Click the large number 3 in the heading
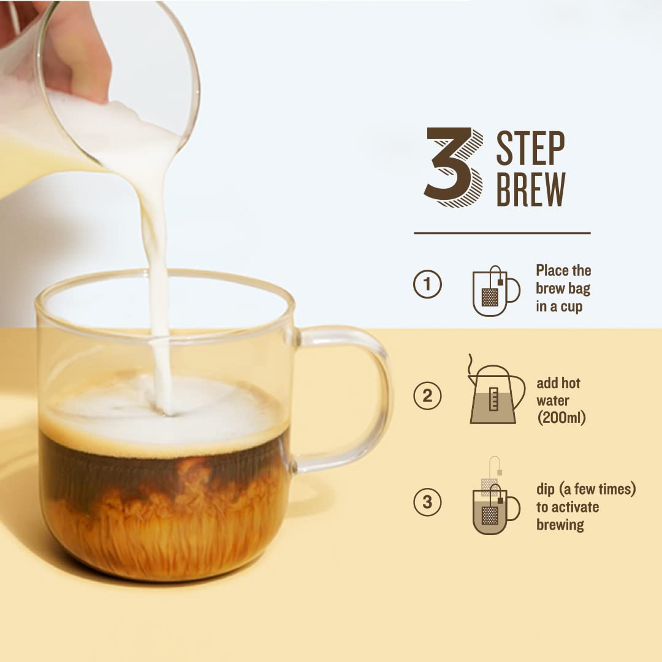(x=454, y=167)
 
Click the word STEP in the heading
(x=530, y=148)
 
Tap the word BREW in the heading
(x=531, y=189)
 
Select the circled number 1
(x=427, y=284)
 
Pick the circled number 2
(x=427, y=395)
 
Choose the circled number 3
(x=427, y=502)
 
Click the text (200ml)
(x=561, y=417)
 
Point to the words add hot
(x=558, y=383)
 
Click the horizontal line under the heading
(x=502, y=233)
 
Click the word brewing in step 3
(x=560, y=525)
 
